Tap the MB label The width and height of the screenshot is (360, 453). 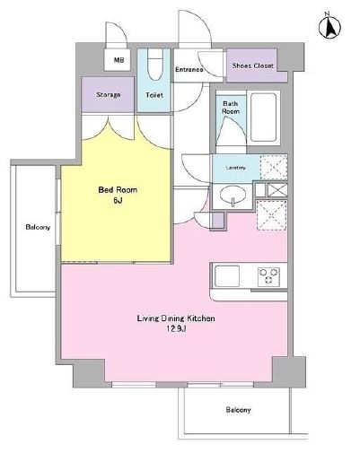tap(118, 60)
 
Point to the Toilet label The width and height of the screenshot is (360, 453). tap(154, 93)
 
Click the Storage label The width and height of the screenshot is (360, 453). tap(109, 94)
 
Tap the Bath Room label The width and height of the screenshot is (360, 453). tap(231, 109)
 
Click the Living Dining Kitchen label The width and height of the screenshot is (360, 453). tap(175, 318)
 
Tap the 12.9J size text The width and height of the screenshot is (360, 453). tap(175, 330)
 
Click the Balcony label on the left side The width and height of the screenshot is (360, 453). tap(38, 226)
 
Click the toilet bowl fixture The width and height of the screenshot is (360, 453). tap(155, 65)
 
